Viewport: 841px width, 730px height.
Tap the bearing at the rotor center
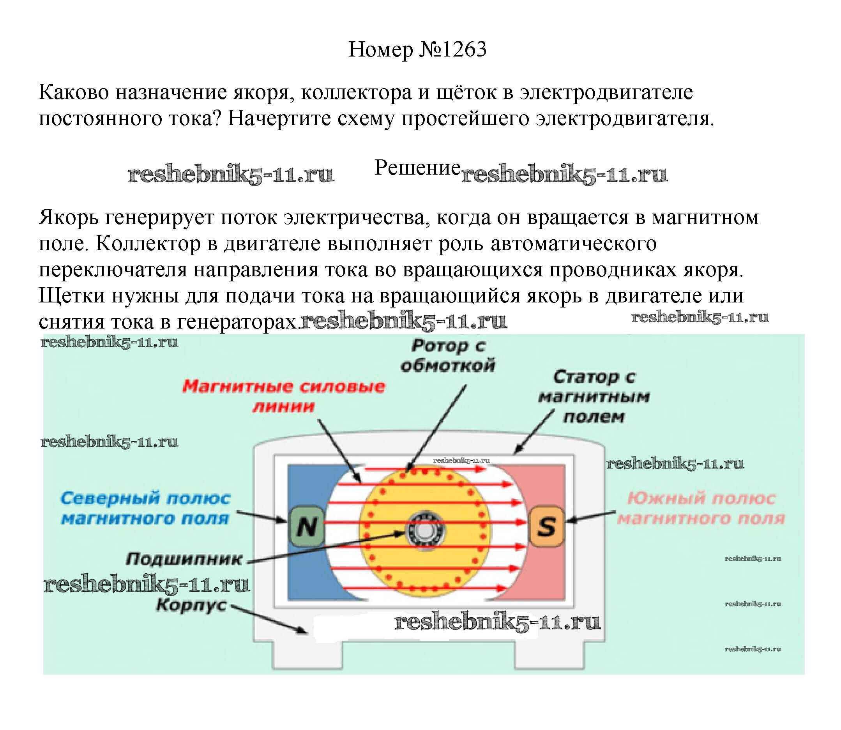click(x=425, y=531)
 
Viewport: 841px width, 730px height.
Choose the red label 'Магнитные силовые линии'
click(x=283, y=396)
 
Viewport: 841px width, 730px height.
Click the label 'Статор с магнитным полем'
click(x=594, y=397)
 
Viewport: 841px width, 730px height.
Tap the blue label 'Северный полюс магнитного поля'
click(x=145, y=509)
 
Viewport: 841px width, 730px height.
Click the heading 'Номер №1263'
click(x=417, y=50)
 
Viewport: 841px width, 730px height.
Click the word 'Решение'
click(x=417, y=168)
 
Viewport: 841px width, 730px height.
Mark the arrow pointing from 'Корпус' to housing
click(x=269, y=620)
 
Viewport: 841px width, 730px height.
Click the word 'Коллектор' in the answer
click(x=148, y=244)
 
